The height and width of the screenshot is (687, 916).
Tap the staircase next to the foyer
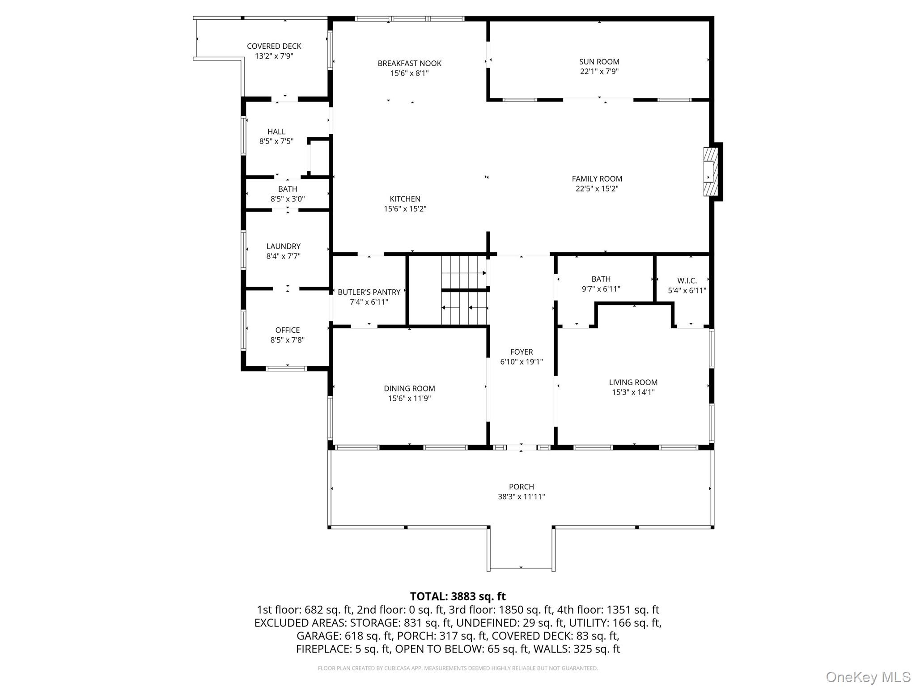464,290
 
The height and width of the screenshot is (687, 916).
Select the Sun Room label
599,62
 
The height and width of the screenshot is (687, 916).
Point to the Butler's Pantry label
369,292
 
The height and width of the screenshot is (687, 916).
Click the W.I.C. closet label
687,281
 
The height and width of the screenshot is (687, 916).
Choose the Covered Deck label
274,46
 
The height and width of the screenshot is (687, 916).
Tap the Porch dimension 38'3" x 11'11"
522,496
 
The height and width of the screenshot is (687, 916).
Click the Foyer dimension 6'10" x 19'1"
522,362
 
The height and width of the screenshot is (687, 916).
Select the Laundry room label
284,246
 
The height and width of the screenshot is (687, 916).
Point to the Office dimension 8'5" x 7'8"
288,340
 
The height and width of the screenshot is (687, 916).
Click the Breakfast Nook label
410,64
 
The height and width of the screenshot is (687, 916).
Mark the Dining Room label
409,389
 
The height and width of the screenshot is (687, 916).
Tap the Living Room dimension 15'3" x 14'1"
633,392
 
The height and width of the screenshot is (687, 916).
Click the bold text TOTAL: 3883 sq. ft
458,596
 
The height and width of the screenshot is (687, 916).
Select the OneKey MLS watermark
868,677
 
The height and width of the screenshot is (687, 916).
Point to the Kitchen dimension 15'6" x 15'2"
405,209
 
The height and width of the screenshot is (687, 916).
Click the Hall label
276,131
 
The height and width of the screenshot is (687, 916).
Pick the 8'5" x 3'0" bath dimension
288,199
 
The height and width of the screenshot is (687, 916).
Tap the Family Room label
597,179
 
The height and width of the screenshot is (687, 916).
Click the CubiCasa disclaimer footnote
458,668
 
